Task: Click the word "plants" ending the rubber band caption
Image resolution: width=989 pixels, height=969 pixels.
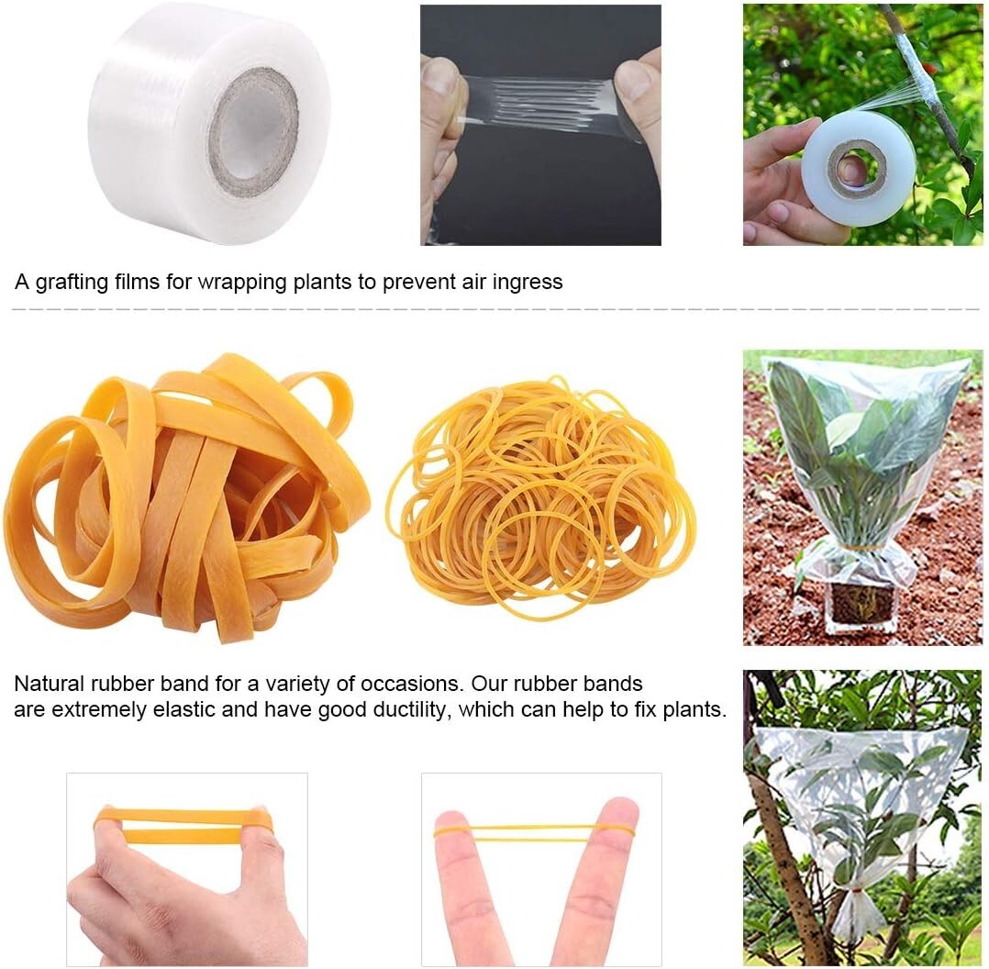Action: pos(694,709)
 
